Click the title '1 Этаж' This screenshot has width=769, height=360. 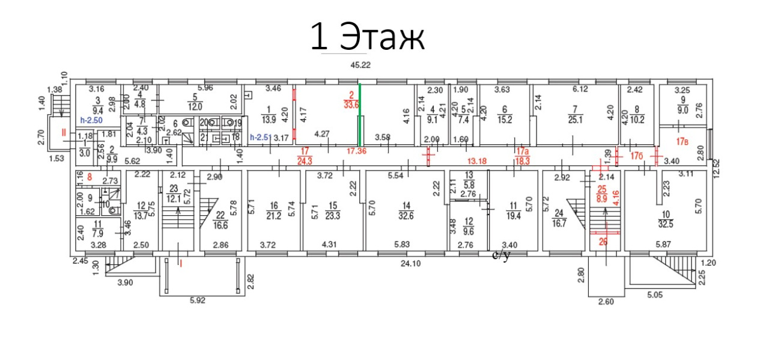[368, 37]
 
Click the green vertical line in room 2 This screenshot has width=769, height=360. [359, 114]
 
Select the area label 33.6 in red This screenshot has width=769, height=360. [351, 103]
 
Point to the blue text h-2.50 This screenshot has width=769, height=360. [91, 121]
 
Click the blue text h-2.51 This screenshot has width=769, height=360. [260, 138]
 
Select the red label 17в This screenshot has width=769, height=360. [682, 143]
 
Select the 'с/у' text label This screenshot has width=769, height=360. [501, 255]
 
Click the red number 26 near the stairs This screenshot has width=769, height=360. [604, 242]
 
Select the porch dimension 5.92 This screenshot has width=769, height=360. [197, 301]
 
